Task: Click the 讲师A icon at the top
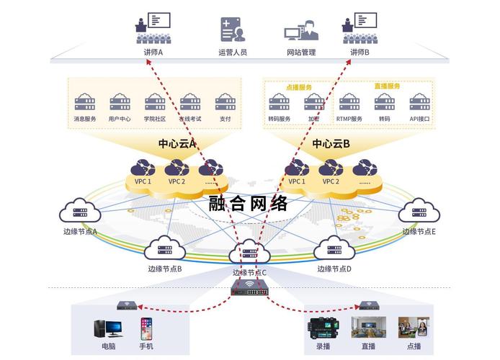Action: pyautogui.click(x=153, y=28)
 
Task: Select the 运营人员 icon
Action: pyautogui.click(x=232, y=30)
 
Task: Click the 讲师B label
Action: pyautogui.click(x=360, y=53)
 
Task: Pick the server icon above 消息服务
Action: pyautogui.click(x=85, y=102)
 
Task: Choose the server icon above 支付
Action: pyautogui.click(x=225, y=102)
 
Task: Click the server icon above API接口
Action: pyautogui.click(x=419, y=102)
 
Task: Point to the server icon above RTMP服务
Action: pyautogui.click(x=349, y=102)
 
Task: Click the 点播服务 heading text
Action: pyautogui.click(x=299, y=86)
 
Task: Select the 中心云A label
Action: pyautogui.click(x=177, y=144)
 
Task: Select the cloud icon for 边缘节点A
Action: pyautogui.click(x=80, y=212)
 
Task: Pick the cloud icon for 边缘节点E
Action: pyautogui.click(x=419, y=212)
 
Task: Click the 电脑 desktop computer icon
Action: pyautogui.click(x=108, y=329)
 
